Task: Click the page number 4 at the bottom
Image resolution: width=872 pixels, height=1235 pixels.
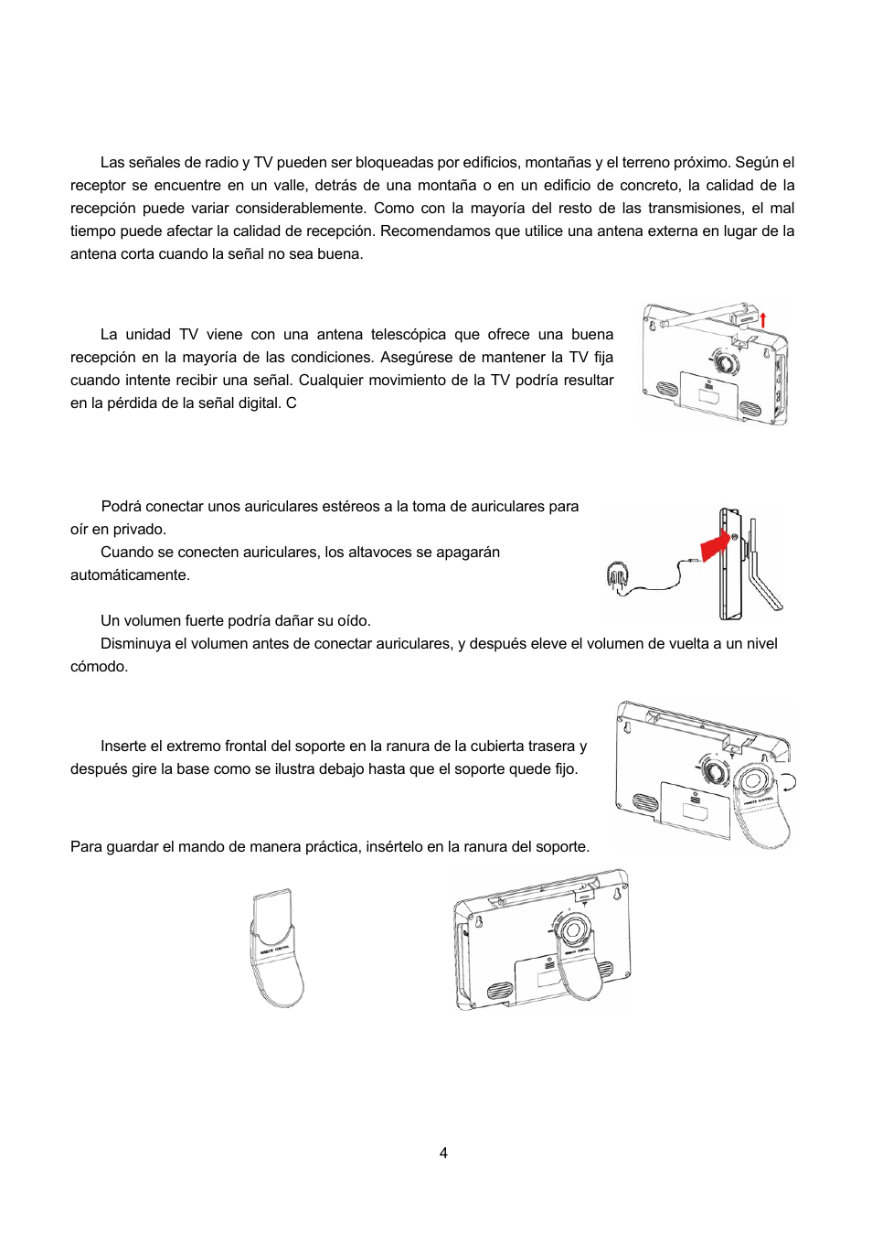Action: tap(443, 1153)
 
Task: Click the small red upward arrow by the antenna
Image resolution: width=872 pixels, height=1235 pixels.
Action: tap(763, 319)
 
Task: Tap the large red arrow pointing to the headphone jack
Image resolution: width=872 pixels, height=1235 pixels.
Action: tap(716, 547)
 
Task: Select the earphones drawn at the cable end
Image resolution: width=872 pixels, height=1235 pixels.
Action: tap(618, 577)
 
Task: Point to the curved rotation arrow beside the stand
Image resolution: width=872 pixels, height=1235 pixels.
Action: tap(789, 780)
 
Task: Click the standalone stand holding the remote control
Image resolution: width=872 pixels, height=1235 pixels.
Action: tap(276, 949)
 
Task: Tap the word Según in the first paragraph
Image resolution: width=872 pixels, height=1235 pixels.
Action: tap(757, 162)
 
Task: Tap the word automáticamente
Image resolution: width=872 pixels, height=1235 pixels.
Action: tap(130, 575)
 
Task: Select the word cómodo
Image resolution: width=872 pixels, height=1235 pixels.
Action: tap(99, 666)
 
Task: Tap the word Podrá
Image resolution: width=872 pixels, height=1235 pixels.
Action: tap(122, 506)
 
